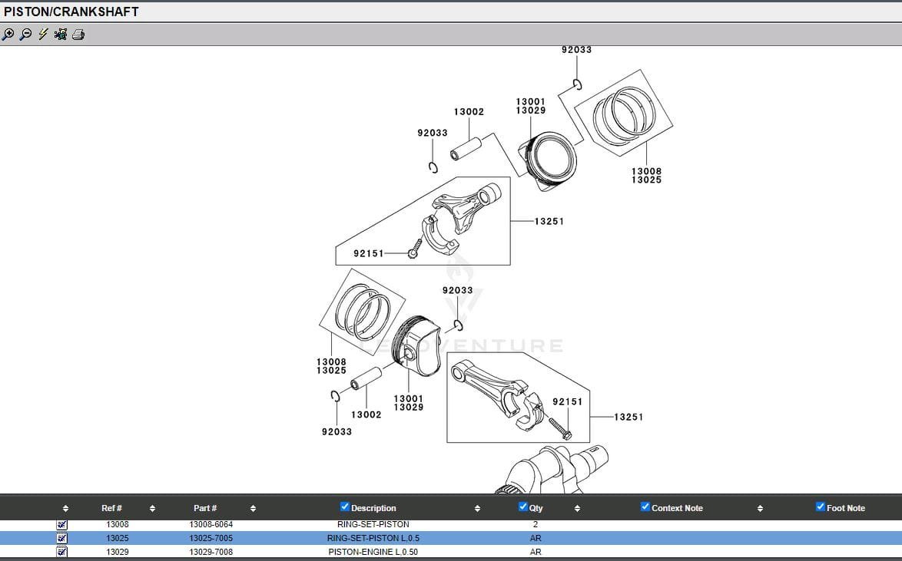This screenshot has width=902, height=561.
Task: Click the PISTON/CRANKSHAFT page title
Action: coord(71,12)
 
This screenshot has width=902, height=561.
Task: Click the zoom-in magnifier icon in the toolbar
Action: coord(8,34)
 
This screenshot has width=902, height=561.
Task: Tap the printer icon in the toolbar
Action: coord(78,34)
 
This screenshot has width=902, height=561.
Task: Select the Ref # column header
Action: coord(111,508)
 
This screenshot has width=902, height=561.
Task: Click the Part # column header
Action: coord(205,508)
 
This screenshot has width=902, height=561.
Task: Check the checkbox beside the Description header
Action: coord(345,507)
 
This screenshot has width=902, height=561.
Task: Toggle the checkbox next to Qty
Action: coord(523,507)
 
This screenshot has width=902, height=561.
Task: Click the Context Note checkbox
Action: coord(645,507)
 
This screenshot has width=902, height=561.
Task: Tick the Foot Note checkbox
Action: coord(821,507)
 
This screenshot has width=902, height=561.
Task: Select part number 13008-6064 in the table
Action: coord(211,524)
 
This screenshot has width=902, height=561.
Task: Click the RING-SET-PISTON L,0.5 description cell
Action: coord(373,538)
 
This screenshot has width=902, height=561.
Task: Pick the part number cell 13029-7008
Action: coord(211,552)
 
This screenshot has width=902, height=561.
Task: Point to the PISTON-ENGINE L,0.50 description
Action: coord(373,552)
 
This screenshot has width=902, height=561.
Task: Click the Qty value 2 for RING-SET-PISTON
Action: coord(536,524)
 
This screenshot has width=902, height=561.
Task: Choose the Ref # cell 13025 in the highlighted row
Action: coord(118,538)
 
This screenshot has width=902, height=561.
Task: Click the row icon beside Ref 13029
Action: coord(62,552)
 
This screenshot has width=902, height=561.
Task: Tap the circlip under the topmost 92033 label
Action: coord(577,84)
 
